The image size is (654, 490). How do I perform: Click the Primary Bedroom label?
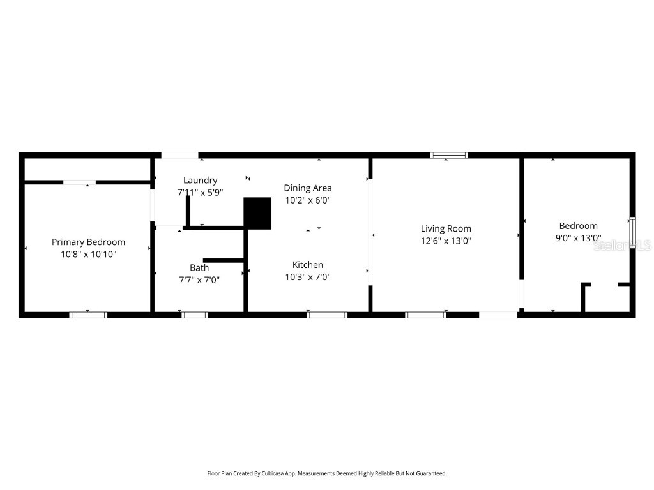click(x=88, y=242)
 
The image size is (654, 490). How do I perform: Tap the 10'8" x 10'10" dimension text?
click(x=88, y=254)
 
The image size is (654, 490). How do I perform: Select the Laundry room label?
click(x=200, y=180)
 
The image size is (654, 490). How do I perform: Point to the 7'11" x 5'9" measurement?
click(x=200, y=192)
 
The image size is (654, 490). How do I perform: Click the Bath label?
click(x=199, y=267)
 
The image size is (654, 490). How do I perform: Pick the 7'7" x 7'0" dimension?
click(x=199, y=279)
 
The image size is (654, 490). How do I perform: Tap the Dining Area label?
click(x=308, y=188)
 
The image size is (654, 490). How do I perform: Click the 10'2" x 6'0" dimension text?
click(x=308, y=200)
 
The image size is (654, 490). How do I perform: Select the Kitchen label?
click(x=308, y=265)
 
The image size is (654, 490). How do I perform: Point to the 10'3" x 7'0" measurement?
click(x=308, y=277)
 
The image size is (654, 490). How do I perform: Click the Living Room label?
click(x=446, y=228)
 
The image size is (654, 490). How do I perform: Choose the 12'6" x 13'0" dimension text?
click(x=446, y=241)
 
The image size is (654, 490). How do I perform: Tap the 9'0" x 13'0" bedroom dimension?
click(x=578, y=238)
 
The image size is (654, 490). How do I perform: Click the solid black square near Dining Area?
click(x=258, y=212)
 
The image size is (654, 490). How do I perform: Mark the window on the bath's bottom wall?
click(x=195, y=315)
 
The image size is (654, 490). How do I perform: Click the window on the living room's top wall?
click(x=449, y=155)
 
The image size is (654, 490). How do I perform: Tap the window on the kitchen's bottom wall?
click(x=327, y=315)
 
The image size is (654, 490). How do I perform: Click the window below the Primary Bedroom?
click(x=88, y=315)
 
